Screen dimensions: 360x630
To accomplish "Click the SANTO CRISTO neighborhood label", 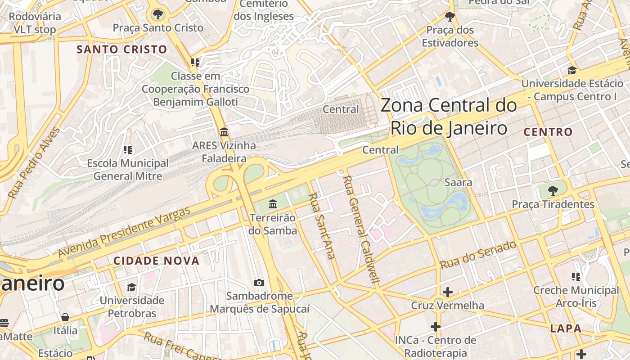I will [121, 49].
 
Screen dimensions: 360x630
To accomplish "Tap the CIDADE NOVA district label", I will [156, 261].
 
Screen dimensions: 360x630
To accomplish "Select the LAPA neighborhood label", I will [566, 328].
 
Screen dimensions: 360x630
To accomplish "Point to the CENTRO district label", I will [548, 132].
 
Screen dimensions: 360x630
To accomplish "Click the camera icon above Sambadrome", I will [259, 283].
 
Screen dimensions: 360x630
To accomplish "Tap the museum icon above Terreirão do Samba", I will [273, 204].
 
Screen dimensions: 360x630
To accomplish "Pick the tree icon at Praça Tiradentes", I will [553, 190].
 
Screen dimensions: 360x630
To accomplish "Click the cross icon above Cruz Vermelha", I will [447, 292].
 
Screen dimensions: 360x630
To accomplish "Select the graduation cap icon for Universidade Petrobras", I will [131, 287].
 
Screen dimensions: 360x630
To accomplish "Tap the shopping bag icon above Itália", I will [65, 317].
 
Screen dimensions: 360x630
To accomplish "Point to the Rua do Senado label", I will [478, 255].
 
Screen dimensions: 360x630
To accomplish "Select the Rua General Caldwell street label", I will [361, 229].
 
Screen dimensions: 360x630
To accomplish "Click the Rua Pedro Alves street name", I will [34, 163].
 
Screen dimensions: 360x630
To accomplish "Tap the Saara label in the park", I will [458, 182].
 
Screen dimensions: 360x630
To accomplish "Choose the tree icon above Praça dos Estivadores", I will [450, 17].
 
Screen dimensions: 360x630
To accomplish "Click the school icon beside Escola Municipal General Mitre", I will [128, 149].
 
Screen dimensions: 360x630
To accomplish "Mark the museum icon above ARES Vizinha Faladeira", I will [224, 132].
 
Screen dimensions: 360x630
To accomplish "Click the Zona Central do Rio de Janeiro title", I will [449, 117].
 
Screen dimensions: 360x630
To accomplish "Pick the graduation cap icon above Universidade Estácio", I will [572, 70].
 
